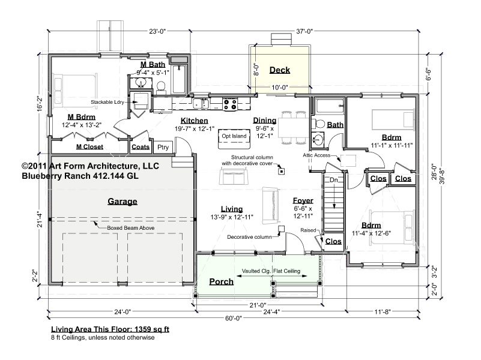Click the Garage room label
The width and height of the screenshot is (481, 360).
click(x=123, y=201)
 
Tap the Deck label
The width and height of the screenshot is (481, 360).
click(x=279, y=70)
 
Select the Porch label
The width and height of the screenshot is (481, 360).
click(x=221, y=281)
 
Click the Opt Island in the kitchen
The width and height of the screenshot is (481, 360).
click(x=234, y=136)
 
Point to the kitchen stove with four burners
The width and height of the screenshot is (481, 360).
click(x=230, y=104)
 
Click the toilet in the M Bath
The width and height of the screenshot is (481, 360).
click(x=161, y=88)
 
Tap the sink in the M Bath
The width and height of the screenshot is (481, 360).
click(x=141, y=83)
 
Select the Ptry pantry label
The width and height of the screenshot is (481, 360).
click(x=163, y=147)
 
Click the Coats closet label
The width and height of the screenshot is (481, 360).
click(x=141, y=147)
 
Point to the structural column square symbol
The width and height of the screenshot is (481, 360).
click(x=281, y=171)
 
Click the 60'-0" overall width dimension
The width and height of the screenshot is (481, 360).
click(x=234, y=318)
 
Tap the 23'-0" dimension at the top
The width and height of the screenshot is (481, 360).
click(x=157, y=31)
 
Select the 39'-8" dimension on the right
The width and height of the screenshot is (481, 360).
click(x=442, y=175)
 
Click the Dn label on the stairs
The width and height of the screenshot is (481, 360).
click(x=333, y=180)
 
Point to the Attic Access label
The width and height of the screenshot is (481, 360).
click(x=316, y=155)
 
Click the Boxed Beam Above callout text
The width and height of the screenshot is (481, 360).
click(x=131, y=228)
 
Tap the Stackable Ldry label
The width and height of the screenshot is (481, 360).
click(x=107, y=102)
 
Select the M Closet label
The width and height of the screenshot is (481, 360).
click(x=89, y=147)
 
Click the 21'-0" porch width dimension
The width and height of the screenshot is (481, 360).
click(x=258, y=305)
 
